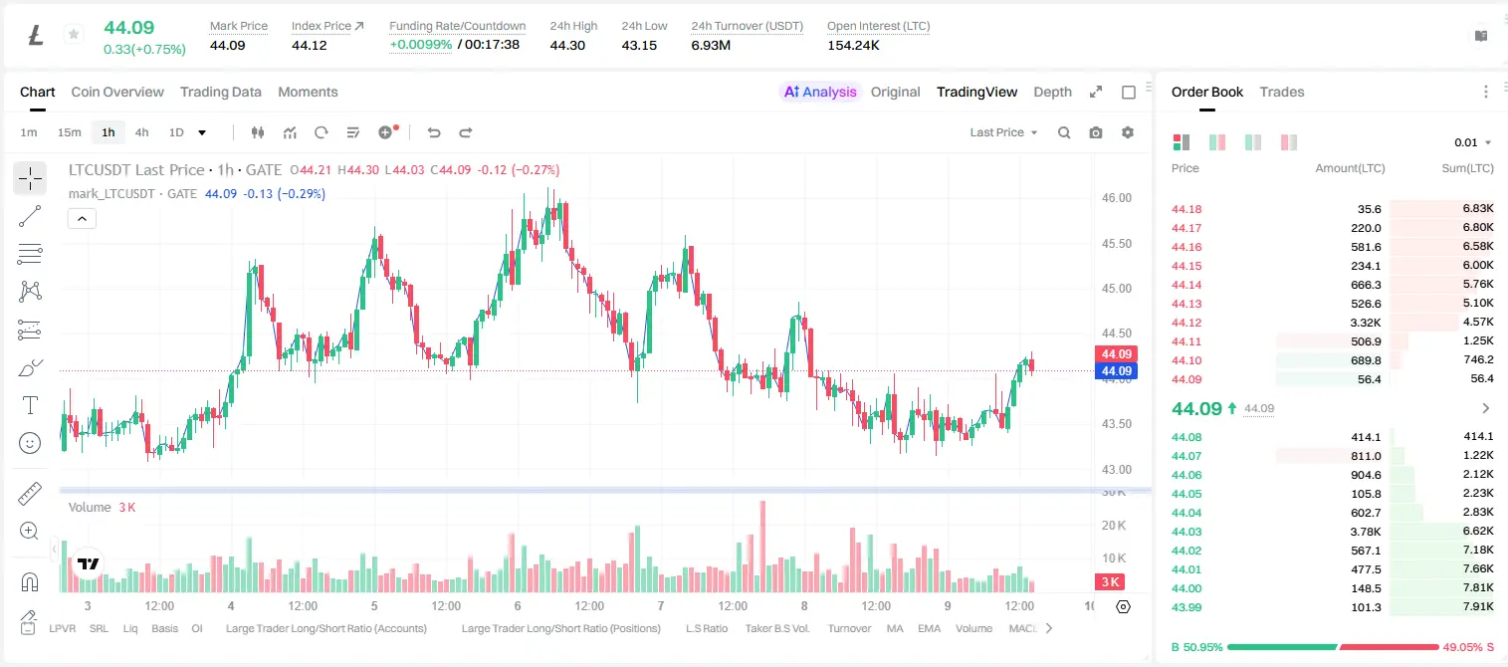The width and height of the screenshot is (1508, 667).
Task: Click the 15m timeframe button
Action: click(70, 132)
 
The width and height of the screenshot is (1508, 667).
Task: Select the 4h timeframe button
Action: click(141, 132)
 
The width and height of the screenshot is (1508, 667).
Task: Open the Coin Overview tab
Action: click(117, 92)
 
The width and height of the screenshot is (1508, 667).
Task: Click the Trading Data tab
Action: click(220, 92)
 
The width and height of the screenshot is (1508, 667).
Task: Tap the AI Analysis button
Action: click(820, 92)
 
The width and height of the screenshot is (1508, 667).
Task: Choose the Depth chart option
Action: click(1052, 92)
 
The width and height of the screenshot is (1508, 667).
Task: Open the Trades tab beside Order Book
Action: click(1282, 92)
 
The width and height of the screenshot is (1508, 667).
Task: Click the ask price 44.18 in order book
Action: click(1186, 209)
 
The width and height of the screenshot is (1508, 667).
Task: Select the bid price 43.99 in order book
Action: click(1186, 607)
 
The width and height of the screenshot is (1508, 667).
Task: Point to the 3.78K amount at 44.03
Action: click(1366, 532)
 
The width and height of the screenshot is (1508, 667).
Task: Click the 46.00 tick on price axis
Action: click(1116, 198)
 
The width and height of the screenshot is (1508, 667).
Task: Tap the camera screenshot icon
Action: click(1096, 132)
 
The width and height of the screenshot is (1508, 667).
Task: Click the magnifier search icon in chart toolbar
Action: click(1064, 132)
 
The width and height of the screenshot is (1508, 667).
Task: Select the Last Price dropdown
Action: click(1003, 132)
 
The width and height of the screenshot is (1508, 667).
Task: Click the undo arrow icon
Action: click(434, 132)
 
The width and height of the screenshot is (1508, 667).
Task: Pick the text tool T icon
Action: click(30, 405)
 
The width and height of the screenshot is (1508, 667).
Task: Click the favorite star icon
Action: click(74, 34)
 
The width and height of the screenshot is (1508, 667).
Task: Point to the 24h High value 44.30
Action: click(567, 45)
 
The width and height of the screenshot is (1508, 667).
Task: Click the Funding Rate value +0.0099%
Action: click(421, 45)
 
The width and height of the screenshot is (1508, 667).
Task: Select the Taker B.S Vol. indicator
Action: click(776, 628)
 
